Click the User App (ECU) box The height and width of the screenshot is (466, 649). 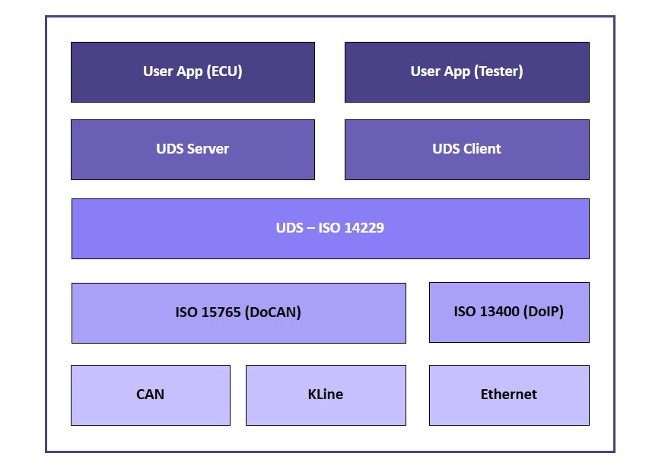tap(192, 72)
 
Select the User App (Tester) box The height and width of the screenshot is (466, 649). tap(466, 72)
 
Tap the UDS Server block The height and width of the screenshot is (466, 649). tap(192, 149)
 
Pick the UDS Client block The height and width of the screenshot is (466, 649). tap(466, 149)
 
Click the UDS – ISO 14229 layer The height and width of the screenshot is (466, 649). tap(329, 228)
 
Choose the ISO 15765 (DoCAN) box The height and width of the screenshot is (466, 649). tap(238, 312)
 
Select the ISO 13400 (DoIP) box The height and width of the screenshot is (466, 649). tap(509, 312)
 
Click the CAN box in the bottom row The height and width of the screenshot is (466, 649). tap(150, 395)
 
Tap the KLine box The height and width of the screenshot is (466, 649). tap(326, 395)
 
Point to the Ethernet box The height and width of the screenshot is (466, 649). tap(509, 395)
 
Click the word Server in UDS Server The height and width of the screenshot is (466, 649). tap(208, 149)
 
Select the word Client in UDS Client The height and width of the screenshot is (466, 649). tap(482, 149)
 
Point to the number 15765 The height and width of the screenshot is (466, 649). tap(220, 312)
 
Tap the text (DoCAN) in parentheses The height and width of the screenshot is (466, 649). tap(273, 312)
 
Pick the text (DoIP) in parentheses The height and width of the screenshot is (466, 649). tap(542, 312)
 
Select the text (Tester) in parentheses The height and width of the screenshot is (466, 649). tap(498, 72)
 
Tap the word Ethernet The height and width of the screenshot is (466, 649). tap(509, 395)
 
